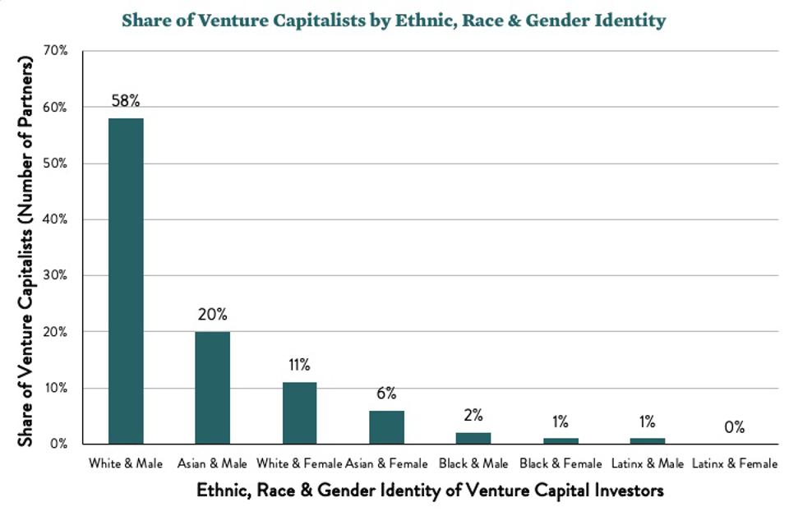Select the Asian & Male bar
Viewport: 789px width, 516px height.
(212, 387)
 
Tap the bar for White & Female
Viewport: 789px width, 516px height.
(299, 412)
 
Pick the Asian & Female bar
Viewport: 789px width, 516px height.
(386, 426)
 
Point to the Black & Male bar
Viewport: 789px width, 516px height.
(473, 438)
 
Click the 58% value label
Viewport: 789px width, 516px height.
(126, 102)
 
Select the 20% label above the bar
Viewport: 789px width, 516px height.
(212, 315)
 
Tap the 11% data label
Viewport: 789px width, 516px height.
(299, 365)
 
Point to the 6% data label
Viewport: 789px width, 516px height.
(386, 394)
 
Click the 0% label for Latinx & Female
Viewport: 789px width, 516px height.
(734, 427)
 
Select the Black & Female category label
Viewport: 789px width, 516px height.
(560, 464)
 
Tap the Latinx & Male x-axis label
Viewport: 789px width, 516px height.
(647, 464)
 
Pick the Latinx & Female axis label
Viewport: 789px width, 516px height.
(735, 464)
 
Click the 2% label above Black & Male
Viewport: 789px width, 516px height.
(473, 416)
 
